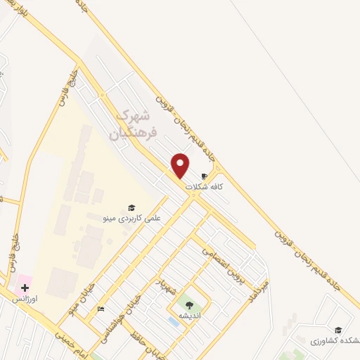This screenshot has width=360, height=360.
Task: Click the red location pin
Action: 181,165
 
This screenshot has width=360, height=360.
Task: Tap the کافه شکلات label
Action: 204,187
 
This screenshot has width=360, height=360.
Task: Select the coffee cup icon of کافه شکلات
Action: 205,176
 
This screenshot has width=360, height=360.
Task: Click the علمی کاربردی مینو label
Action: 132,219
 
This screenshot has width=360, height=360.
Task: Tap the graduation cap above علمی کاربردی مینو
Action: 131,207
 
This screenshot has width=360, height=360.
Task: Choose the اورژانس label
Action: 25,300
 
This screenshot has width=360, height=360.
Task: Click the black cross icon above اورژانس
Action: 25,288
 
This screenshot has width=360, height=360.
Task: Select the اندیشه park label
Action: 188,316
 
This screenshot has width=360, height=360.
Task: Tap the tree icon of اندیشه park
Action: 188,304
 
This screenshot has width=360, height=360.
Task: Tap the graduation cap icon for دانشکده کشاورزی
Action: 337,330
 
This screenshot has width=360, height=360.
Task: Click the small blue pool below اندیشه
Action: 173,321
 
